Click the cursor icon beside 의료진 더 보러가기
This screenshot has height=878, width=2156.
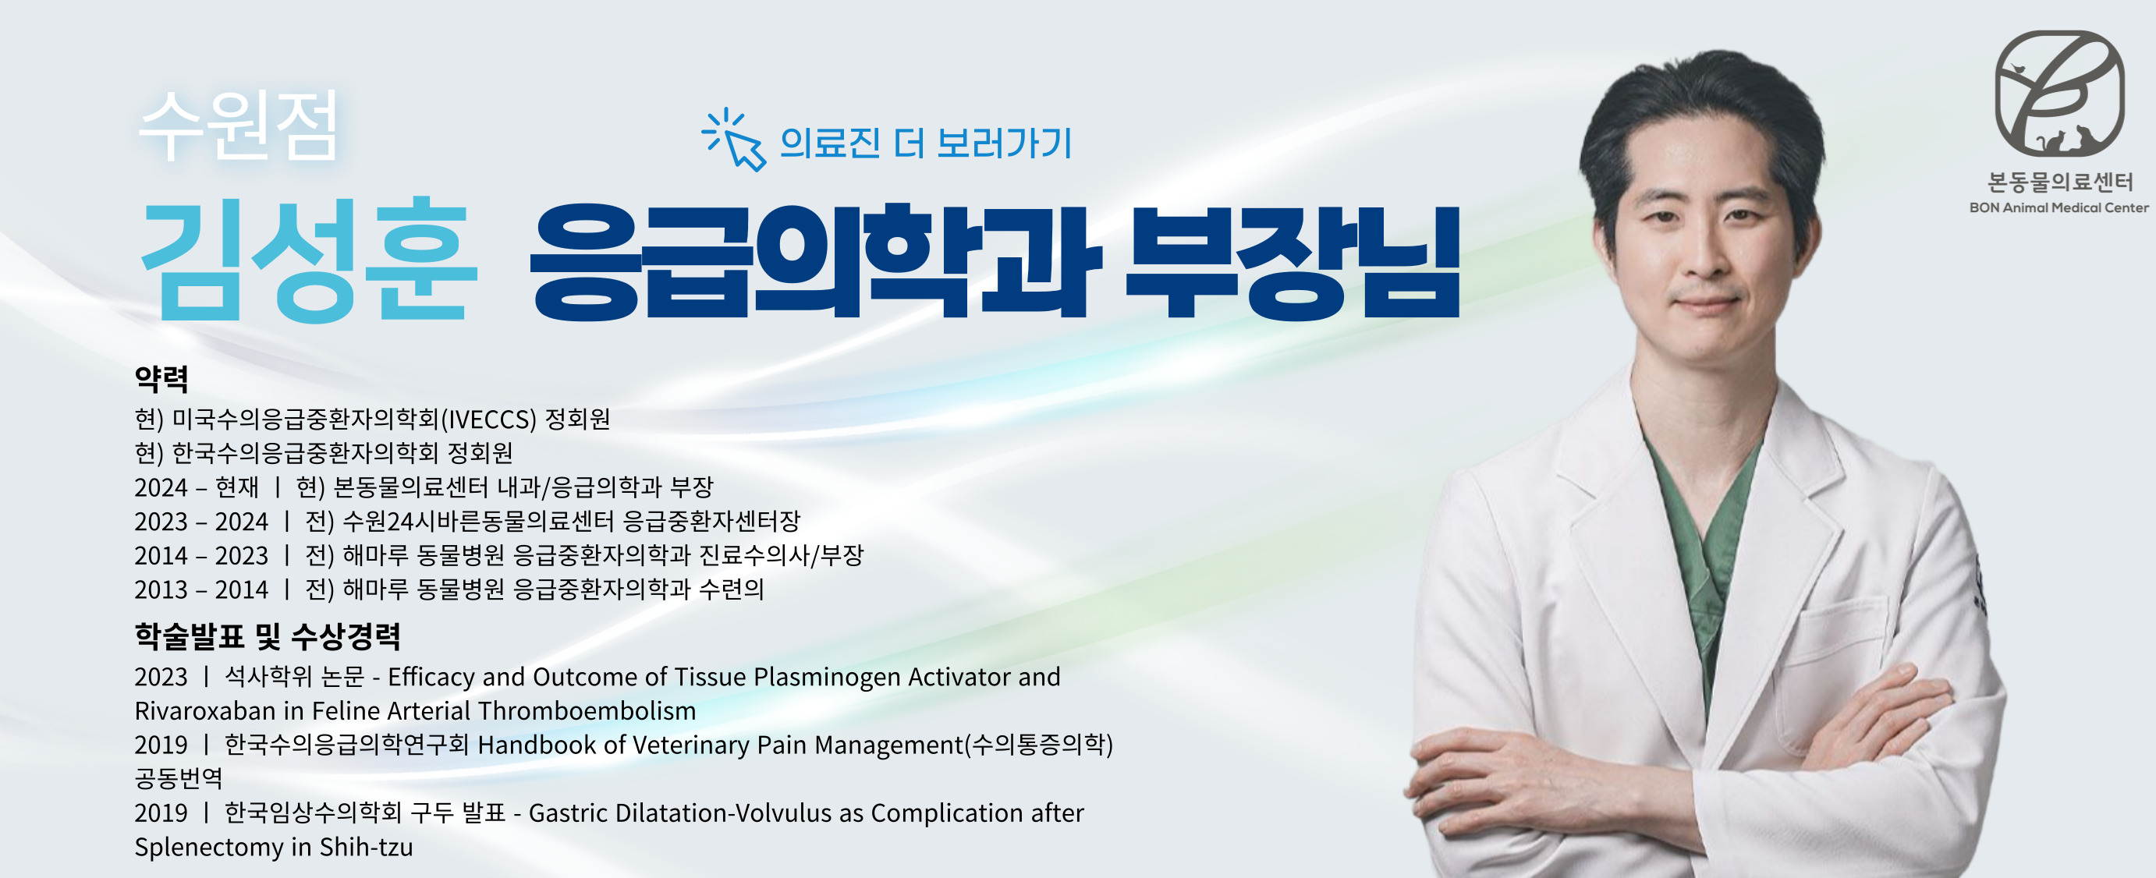[734, 140]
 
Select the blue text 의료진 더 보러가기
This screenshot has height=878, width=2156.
[925, 143]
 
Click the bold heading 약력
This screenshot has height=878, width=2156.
[161, 379]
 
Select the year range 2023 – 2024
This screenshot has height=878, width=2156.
[201, 522]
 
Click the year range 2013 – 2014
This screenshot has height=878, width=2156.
[201, 590]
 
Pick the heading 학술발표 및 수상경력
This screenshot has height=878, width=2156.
[268, 637]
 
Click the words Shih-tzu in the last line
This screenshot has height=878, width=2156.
[366, 847]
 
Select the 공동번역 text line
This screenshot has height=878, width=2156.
[179, 778]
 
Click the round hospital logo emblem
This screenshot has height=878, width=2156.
[2060, 94]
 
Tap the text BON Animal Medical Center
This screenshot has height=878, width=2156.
[2059, 207]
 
